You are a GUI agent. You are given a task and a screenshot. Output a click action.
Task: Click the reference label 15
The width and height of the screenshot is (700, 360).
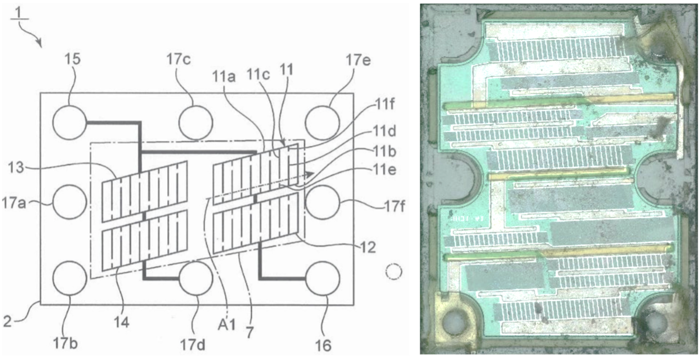[x=72, y=59]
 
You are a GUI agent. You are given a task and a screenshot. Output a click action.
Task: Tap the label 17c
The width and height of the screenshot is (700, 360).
[x=178, y=59]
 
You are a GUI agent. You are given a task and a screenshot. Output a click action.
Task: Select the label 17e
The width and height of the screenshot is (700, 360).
[x=358, y=60]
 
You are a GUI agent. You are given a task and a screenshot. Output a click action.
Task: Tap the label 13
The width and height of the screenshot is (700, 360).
[x=16, y=168]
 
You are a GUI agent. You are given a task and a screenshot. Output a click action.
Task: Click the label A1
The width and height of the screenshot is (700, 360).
[x=227, y=325]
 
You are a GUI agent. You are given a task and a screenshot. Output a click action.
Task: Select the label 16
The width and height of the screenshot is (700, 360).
[x=323, y=346]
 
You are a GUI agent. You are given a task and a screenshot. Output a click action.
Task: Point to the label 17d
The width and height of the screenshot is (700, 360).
[x=193, y=345]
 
